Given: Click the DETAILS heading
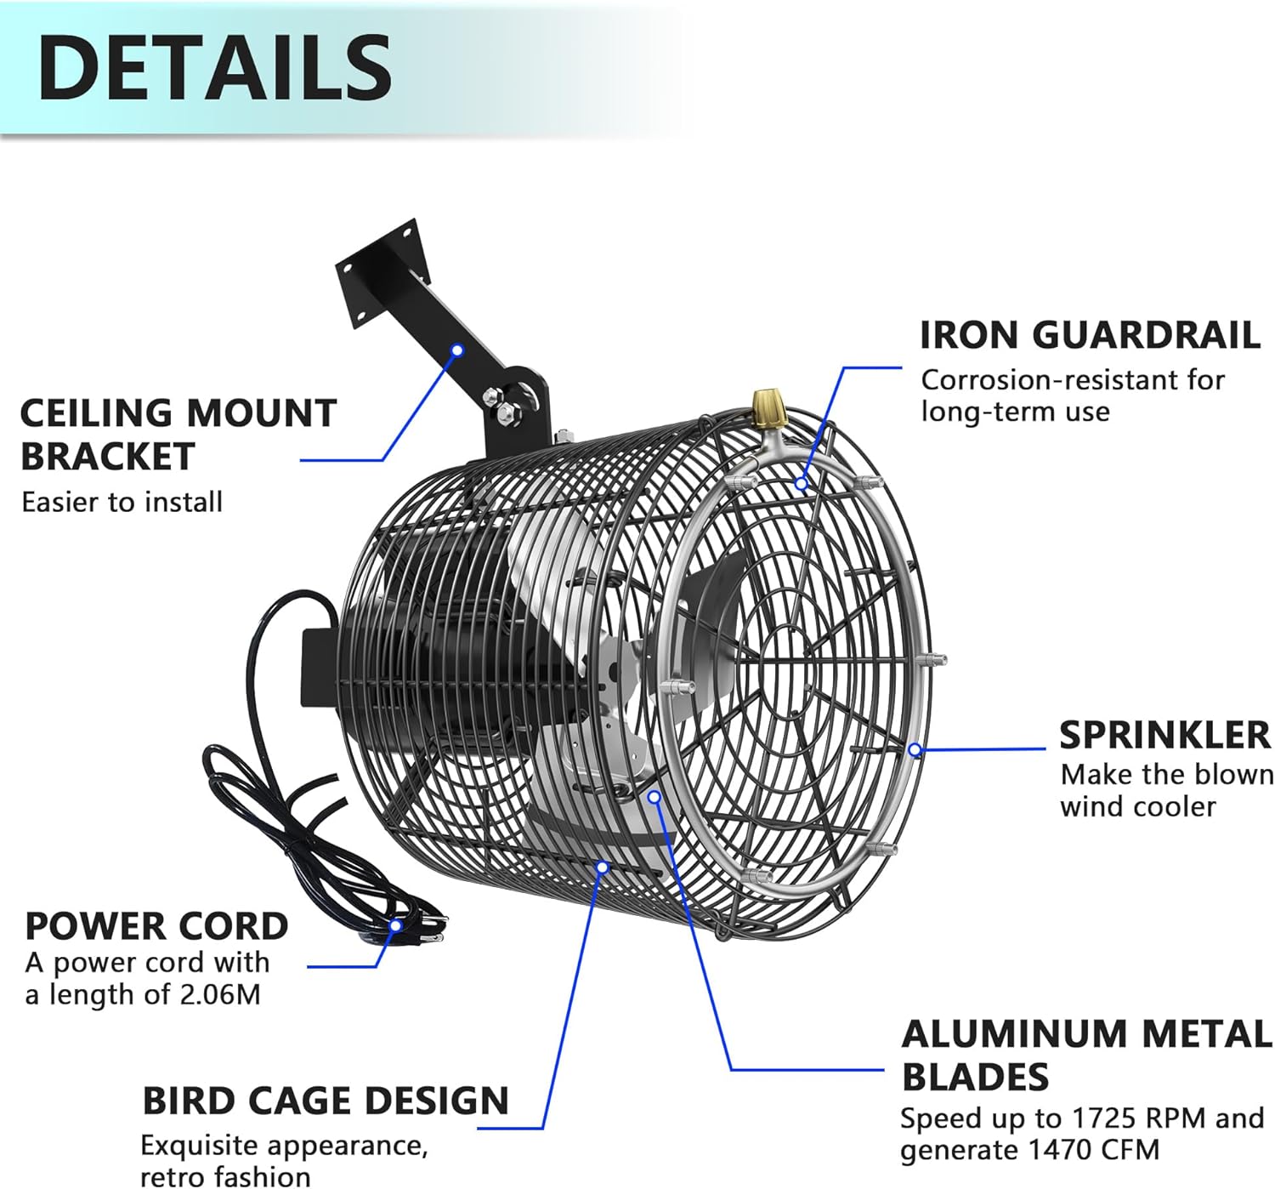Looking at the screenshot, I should (x=214, y=68).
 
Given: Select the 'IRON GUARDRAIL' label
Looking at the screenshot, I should (x=1090, y=335).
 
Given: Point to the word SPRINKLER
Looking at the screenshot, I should (x=1164, y=735).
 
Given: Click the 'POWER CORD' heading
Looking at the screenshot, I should (x=156, y=926).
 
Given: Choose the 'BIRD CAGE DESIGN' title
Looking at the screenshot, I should (x=326, y=1101).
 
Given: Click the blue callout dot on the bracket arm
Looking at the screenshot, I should (x=457, y=350).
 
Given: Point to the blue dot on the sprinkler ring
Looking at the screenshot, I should (x=915, y=749).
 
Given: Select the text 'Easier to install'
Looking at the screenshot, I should (x=122, y=502).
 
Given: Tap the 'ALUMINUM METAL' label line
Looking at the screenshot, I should (x=1086, y=1034).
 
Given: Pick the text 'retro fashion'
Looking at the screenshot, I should (x=225, y=1176).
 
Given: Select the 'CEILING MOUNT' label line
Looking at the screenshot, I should (x=178, y=413).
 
